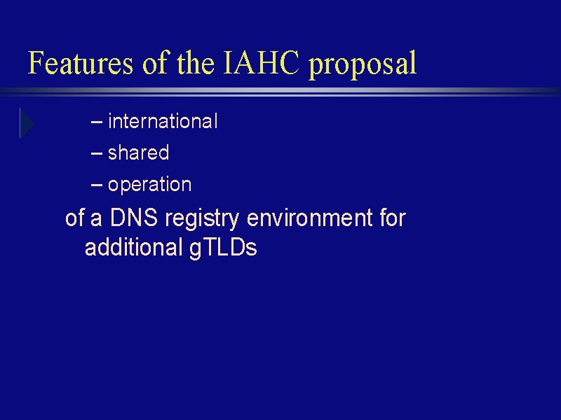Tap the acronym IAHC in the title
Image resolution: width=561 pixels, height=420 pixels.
pos(261,62)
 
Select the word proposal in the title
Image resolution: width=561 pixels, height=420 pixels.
pos(363,64)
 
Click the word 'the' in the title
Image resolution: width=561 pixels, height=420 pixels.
pos(196,62)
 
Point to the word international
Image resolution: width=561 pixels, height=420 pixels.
pos(163,121)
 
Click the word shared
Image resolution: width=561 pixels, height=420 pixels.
pos(138,153)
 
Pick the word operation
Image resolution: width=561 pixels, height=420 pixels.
pos(149,185)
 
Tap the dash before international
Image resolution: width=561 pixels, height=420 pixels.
pos(97,122)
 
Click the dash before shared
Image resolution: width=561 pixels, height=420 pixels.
pos(97,153)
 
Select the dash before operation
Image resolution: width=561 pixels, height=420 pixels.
pos(97,185)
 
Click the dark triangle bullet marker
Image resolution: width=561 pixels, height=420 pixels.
pos(27,124)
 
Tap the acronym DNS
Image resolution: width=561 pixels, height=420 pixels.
pos(134,218)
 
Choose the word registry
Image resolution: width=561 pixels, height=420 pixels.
pos(202,218)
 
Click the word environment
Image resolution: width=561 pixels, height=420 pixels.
pos(310,218)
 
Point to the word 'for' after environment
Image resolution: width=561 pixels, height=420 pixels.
pos(393,218)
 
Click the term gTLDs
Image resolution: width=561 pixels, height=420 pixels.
pos(223,248)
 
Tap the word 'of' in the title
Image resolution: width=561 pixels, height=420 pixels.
pos(155,62)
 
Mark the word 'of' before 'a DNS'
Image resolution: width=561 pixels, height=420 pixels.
pos(75,218)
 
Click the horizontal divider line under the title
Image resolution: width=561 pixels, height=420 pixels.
pos(280,92)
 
